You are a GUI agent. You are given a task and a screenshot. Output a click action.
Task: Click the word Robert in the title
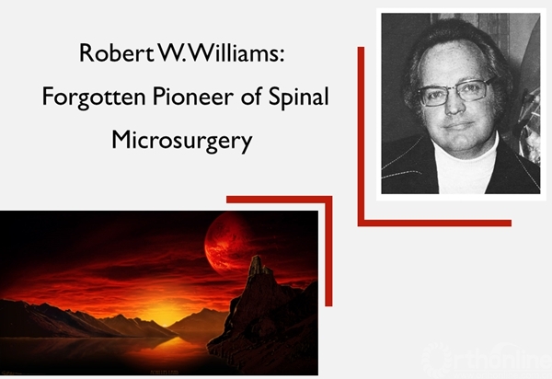point(117,53)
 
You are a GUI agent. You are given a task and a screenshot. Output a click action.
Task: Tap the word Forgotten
point(94,97)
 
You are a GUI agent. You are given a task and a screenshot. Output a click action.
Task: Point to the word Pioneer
point(193,97)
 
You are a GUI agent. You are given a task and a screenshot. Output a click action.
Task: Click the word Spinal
point(298,98)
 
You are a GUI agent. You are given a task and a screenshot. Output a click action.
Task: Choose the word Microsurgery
point(182,141)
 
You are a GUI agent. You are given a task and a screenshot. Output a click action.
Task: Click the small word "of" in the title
point(251,96)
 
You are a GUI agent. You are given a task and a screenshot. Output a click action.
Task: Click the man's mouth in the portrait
point(459,125)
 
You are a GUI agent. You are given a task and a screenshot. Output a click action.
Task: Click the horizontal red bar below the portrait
point(434,224)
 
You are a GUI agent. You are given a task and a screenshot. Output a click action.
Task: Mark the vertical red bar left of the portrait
point(361,136)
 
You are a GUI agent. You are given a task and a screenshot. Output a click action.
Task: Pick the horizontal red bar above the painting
point(279,200)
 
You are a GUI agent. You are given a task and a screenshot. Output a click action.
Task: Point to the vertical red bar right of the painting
point(328,251)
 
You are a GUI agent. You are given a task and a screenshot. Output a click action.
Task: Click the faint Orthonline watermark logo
point(488,358)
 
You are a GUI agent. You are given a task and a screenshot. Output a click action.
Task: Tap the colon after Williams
point(282,56)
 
